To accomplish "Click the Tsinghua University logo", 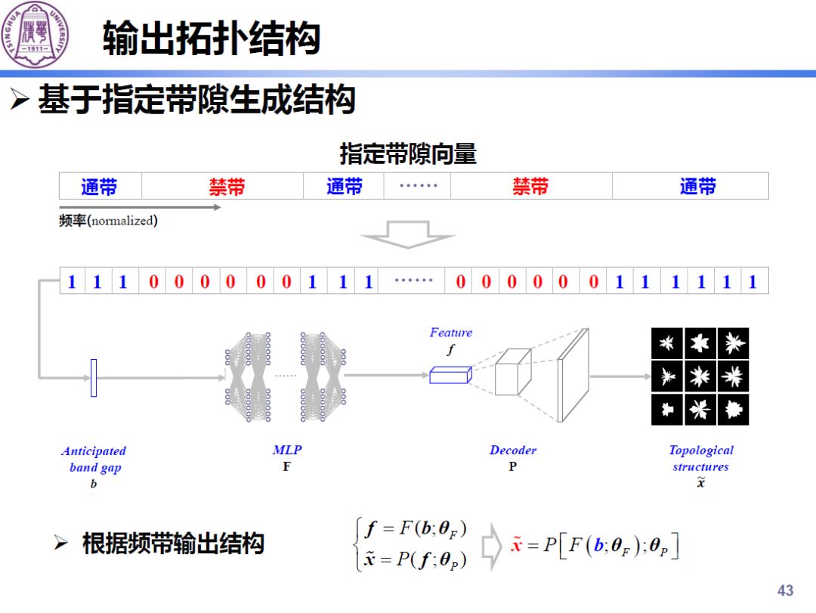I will (35, 33).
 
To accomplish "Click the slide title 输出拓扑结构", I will (212, 39).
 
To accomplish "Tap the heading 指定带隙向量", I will (408, 154).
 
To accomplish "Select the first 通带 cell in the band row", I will (100, 186).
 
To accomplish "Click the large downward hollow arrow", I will (407, 234).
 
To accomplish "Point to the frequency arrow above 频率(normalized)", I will (140, 206).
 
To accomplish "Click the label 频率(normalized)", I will (108, 221).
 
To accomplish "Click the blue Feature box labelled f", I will (450, 374).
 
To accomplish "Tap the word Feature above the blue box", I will (450, 333).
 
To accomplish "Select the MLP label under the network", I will (286, 450).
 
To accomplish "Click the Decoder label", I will (512, 450).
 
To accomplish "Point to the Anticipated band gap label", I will (94, 459).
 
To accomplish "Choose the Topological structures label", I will (700, 458).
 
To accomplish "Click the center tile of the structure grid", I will (700, 376).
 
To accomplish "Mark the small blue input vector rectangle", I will (94, 377).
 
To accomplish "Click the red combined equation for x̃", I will (595, 546).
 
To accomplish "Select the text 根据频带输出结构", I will (173, 543).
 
